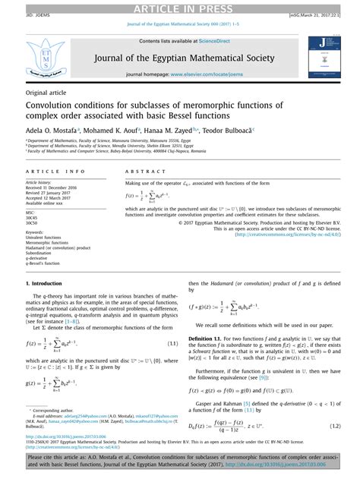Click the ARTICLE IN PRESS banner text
coord(179,7)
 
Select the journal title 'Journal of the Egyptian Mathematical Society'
coord(179,60)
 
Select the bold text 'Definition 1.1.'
coord(210,336)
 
